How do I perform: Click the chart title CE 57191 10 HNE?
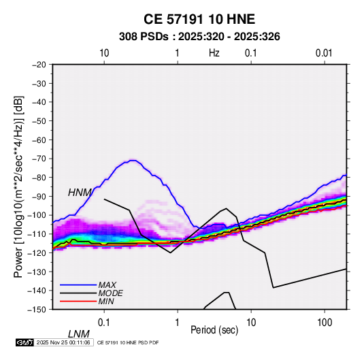coord(199,19)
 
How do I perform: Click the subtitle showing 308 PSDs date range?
coord(199,37)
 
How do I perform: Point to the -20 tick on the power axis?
coord(39,65)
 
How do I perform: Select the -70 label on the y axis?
coord(39,159)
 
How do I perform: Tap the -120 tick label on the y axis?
coord(37,253)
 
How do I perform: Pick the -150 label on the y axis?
coord(37,310)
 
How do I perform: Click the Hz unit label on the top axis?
coord(214,53)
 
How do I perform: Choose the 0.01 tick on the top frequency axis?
coord(324,53)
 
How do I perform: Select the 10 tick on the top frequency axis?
coord(104,53)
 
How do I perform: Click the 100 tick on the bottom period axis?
coord(325,323)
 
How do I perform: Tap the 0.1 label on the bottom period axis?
coord(104,323)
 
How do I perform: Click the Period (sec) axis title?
coord(214,330)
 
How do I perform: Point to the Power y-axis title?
coord(18,187)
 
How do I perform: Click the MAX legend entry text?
coord(107,285)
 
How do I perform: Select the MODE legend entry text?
coord(110,293)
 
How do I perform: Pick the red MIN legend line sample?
coord(78,301)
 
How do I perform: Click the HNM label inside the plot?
coord(80,193)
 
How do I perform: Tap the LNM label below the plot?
coord(78,334)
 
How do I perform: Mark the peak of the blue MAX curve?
coord(133,160)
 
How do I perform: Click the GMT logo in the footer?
coord(24,342)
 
